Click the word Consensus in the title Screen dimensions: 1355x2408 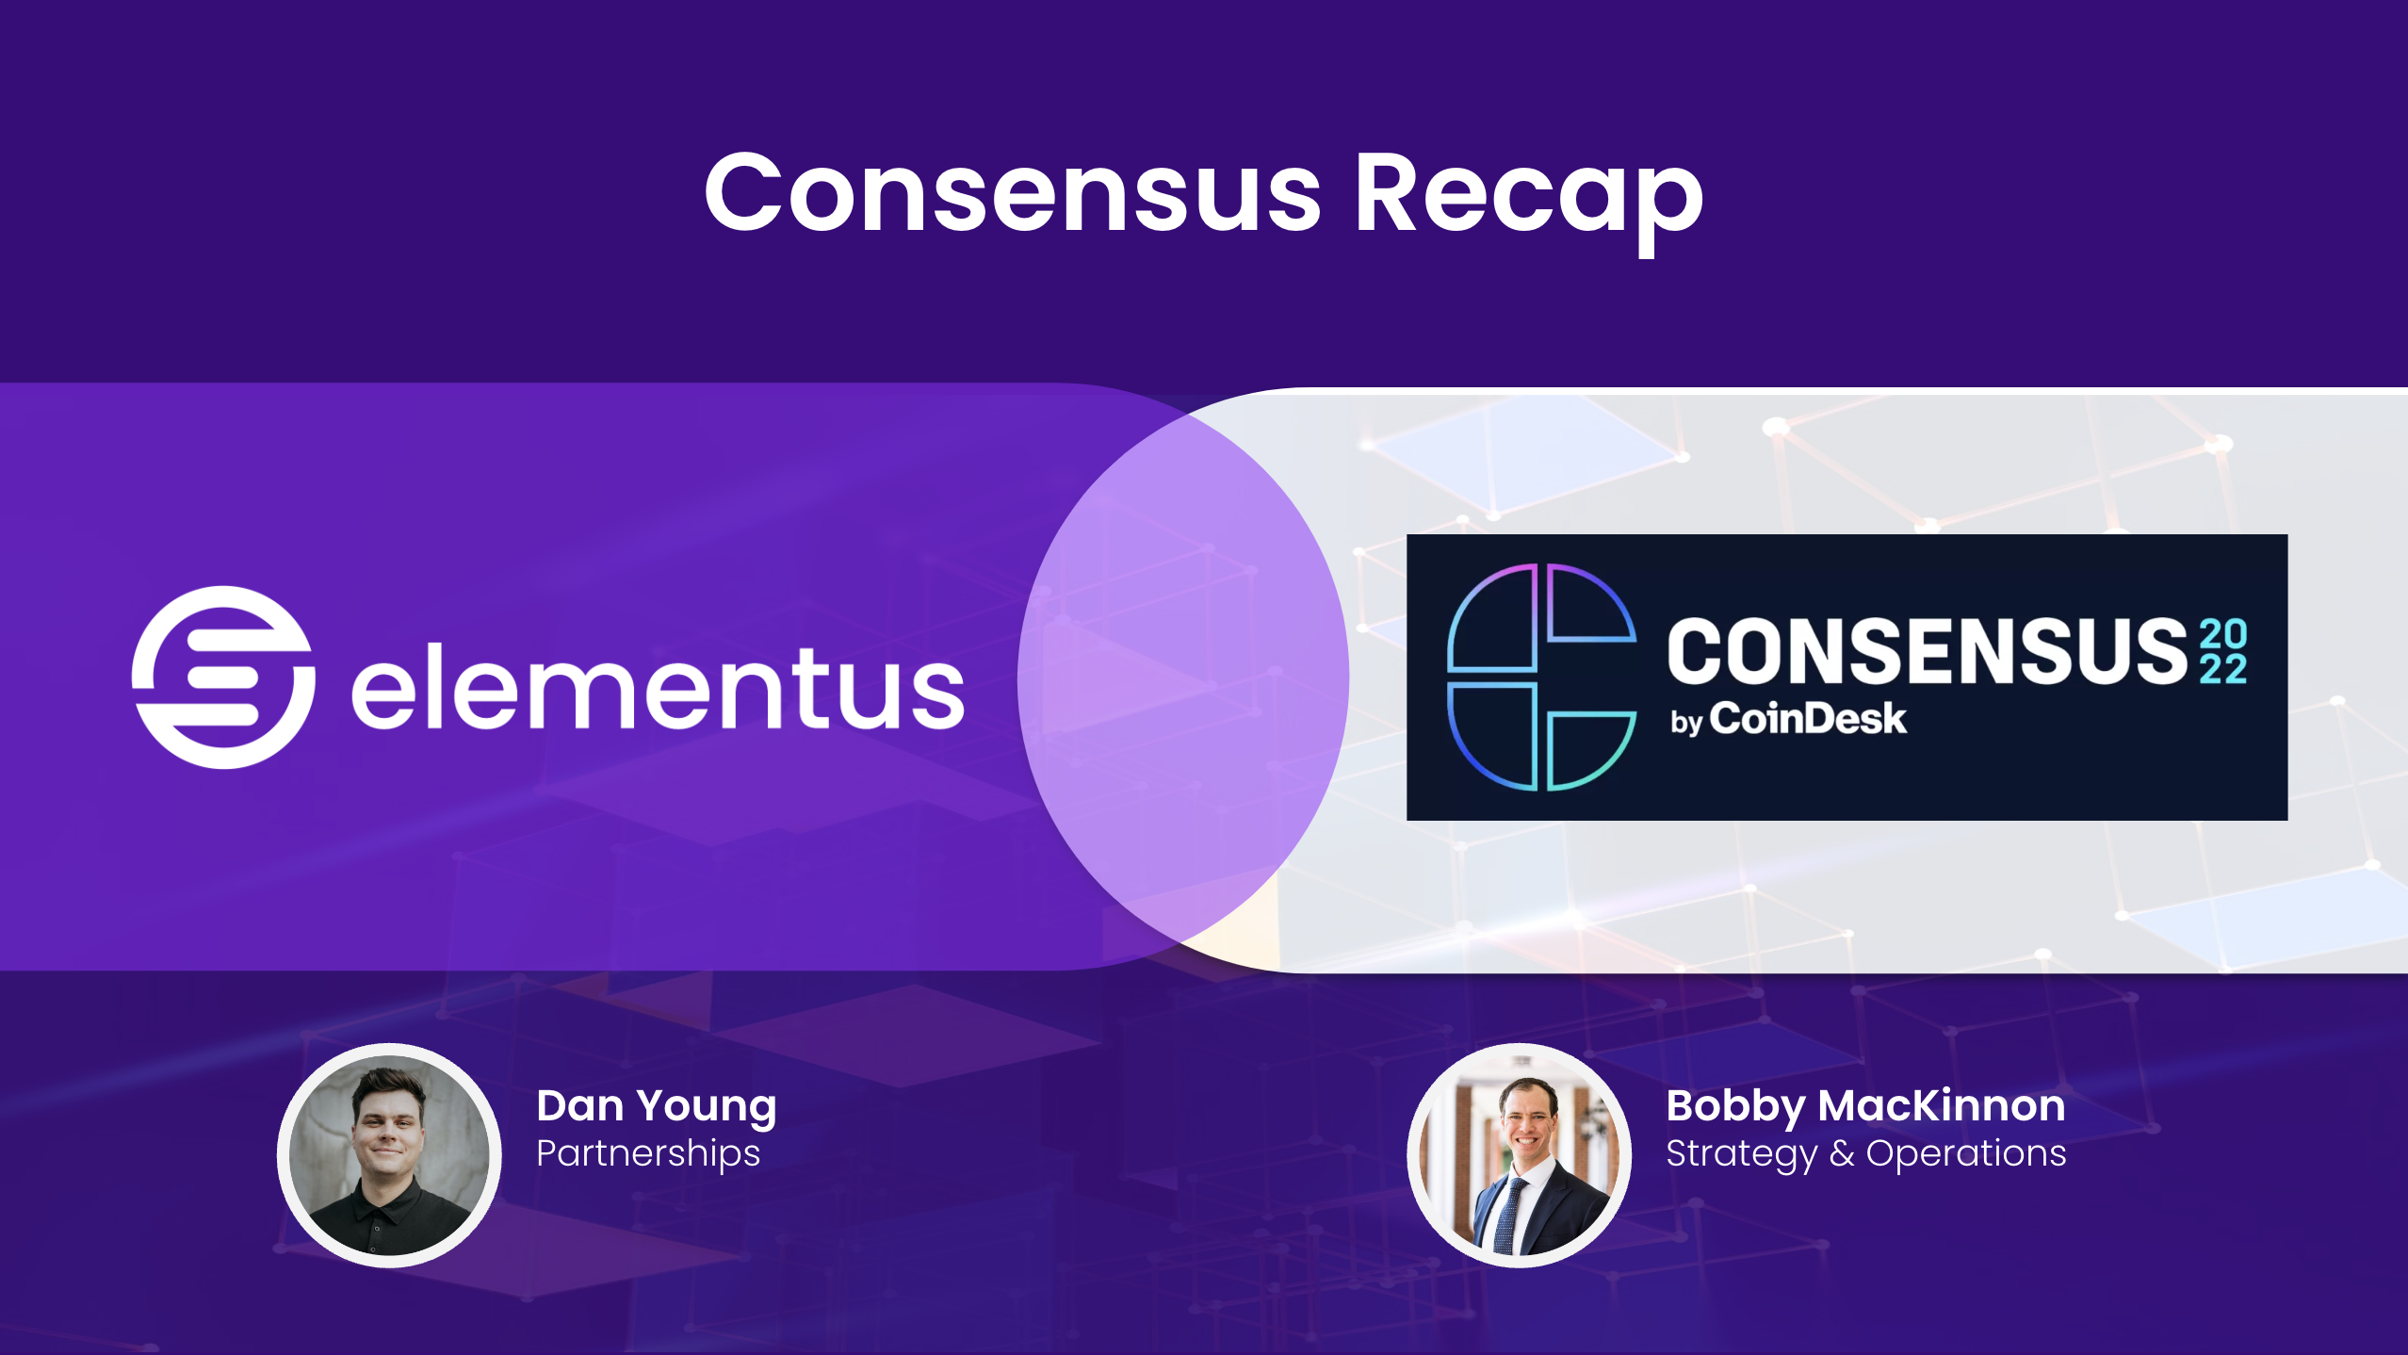[x=1013, y=193]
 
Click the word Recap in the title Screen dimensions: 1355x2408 [x=1528, y=193]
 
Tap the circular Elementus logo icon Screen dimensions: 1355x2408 [x=223, y=677]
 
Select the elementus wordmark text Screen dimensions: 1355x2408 [x=658, y=688]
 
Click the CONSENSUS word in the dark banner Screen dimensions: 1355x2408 [x=1927, y=651]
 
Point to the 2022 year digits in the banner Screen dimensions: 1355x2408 [x=2223, y=651]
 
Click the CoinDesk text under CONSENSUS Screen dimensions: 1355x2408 [x=1808, y=719]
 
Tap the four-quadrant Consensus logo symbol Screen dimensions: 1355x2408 [x=1541, y=677]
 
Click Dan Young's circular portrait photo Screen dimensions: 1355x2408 [x=389, y=1154]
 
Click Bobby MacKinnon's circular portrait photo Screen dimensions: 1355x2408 [x=1519, y=1154]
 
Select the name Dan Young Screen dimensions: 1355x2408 [x=656, y=1106]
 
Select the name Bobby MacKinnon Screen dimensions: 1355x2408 [x=1864, y=1106]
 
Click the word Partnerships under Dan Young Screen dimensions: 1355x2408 [x=648, y=1153]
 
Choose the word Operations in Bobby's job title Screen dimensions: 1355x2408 [x=1965, y=1153]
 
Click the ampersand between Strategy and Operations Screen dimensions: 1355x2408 [x=1842, y=1153]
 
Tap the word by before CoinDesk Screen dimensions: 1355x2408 [x=1685, y=723]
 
